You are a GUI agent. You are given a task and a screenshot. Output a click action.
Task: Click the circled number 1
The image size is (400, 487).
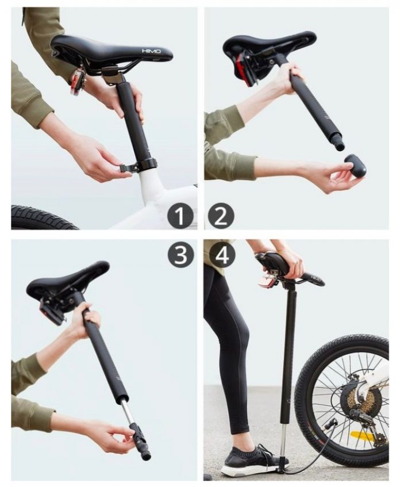[180, 216]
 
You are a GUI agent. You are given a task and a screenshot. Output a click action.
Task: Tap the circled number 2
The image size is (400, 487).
[221, 216]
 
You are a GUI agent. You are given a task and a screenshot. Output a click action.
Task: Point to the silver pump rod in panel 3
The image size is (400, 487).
[127, 412]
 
